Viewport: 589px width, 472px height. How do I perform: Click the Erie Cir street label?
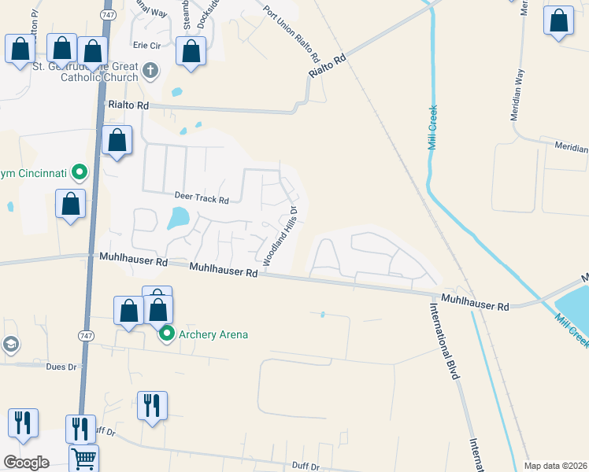click(146, 46)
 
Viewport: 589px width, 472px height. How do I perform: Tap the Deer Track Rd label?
click(202, 200)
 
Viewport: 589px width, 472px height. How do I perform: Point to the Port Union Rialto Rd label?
click(291, 35)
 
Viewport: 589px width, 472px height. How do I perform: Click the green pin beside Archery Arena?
click(167, 334)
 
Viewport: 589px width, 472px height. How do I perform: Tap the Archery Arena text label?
click(213, 335)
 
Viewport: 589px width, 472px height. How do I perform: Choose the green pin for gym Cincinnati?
click(79, 171)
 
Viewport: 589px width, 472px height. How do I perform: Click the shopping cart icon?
click(83, 458)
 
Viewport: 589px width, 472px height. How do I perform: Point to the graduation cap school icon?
click(11, 345)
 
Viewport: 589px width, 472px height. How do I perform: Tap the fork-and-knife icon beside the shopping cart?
click(80, 428)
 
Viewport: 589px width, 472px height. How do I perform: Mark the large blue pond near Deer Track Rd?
click(179, 217)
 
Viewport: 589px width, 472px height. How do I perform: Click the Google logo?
click(26, 463)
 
